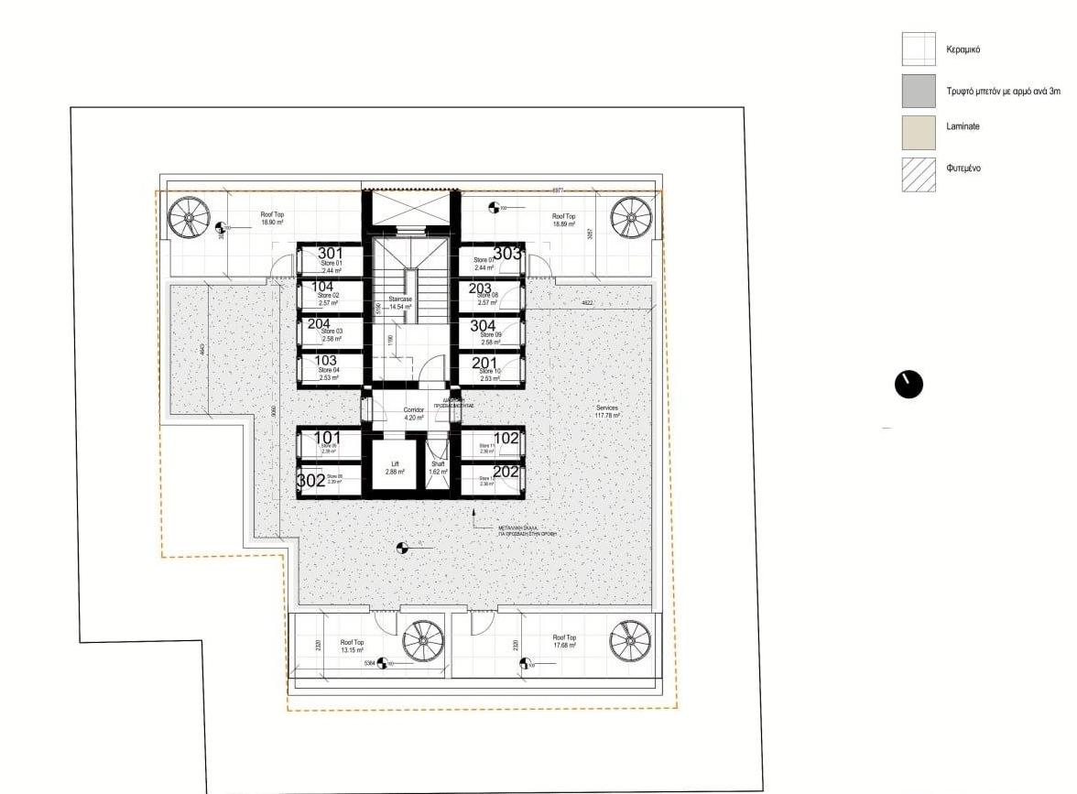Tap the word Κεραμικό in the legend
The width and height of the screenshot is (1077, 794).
963,49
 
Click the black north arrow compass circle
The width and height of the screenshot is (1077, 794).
908,385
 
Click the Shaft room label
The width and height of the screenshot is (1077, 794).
437,468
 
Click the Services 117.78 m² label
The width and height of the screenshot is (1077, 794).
606,411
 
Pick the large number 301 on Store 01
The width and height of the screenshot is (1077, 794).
330,254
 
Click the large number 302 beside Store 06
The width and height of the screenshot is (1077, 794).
310,479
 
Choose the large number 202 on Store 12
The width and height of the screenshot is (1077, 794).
506,473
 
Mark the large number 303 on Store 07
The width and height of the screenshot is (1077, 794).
506,254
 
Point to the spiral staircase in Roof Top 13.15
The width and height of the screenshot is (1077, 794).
422,640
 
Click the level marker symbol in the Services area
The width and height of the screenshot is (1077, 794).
400,549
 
